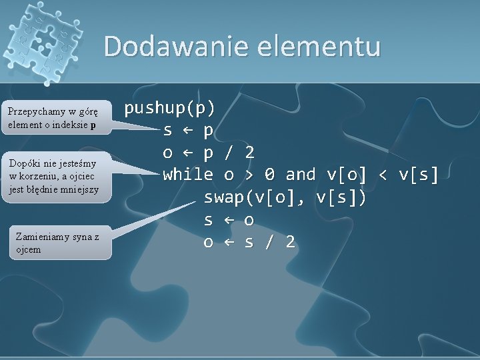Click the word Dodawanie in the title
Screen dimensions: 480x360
(x=168, y=47)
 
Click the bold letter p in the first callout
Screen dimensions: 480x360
(x=93, y=124)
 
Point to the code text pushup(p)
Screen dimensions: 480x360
(x=170, y=107)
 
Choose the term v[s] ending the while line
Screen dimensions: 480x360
(x=419, y=175)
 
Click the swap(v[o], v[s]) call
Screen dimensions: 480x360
(x=285, y=198)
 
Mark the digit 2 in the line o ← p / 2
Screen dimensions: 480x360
(x=249, y=153)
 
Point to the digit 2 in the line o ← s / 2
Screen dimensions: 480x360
(x=290, y=242)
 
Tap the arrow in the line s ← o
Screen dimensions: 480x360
(x=229, y=220)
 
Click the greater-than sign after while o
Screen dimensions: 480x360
(x=249, y=175)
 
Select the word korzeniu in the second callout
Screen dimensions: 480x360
(x=37, y=176)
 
